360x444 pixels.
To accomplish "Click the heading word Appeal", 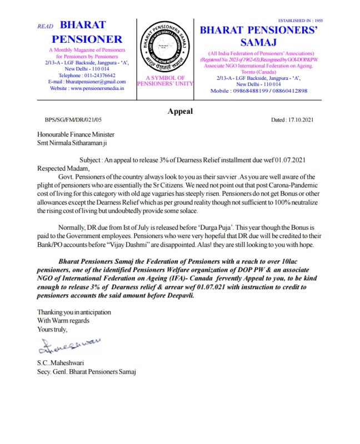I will coord(180,111).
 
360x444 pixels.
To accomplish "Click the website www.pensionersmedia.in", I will coord(87,88).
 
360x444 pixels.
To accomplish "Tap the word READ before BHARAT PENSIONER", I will coord(44,27).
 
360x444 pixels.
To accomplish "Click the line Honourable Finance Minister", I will coord(76,134).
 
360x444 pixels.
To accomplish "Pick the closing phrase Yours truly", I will coord(52,329).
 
